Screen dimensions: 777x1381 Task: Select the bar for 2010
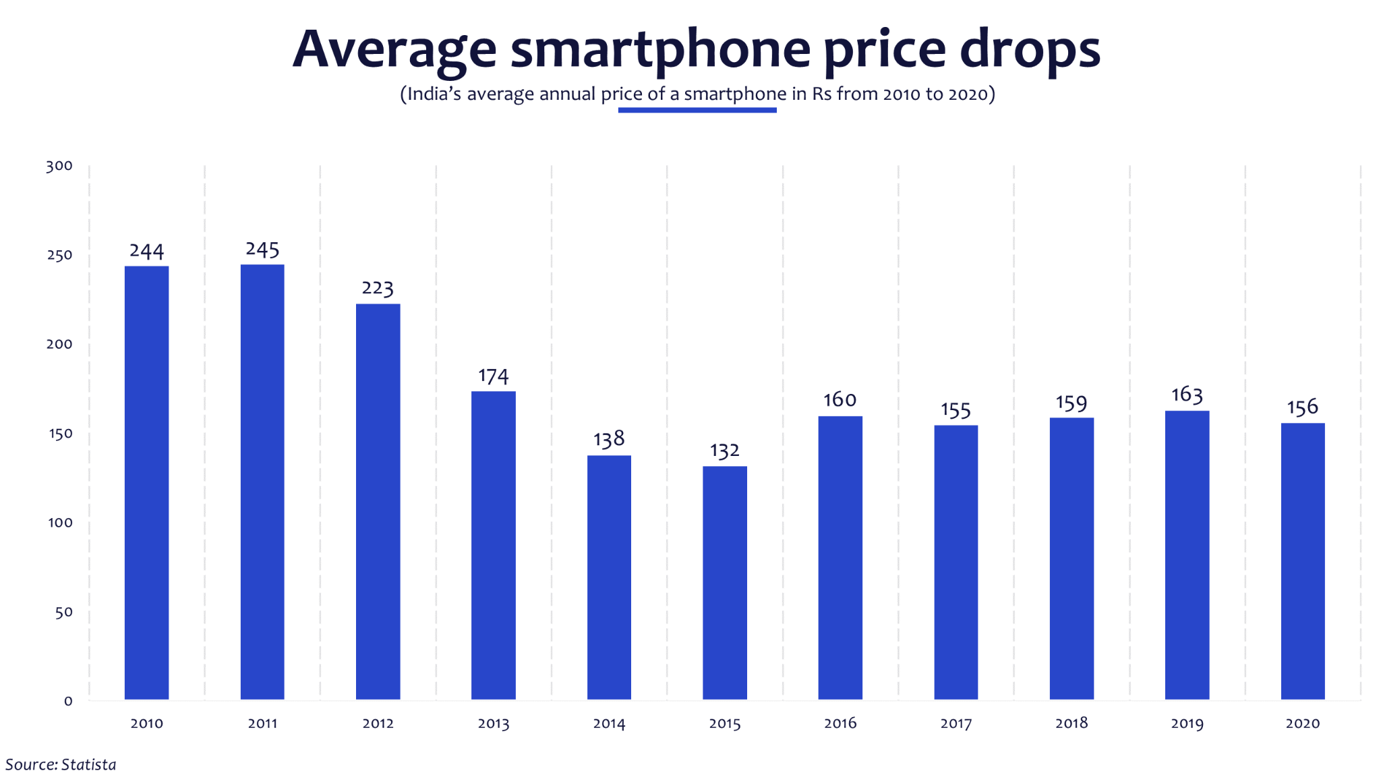pos(146,482)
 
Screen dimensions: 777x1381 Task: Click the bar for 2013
pos(493,545)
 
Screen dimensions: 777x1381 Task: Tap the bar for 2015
pos(724,582)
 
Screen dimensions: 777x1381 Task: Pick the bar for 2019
pos(1187,554)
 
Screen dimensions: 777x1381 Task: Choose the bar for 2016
pos(840,557)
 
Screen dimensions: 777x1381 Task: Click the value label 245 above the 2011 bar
pos(262,250)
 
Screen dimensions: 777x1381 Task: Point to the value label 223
pos(378,288)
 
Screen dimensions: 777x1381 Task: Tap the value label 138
pos(609,440)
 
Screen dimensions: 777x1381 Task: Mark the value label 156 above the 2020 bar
pos(1302,407)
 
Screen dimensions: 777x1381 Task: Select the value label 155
pos(956,410)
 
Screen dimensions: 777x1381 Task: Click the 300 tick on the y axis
pos(59,166)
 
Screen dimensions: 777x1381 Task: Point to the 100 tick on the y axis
pos(60,523)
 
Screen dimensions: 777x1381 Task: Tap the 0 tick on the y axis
pos(68,701)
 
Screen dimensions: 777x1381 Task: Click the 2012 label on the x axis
pos(378,724)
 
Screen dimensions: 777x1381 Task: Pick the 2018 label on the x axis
pos(1071,724)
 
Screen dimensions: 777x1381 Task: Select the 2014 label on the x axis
pos(609,724)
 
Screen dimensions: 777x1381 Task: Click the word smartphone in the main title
pos(660,50)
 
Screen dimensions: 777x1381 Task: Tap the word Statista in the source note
pos(88,765)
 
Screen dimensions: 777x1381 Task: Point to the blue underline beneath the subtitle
pos(697,110)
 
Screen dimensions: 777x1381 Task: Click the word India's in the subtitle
pos(434,94)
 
